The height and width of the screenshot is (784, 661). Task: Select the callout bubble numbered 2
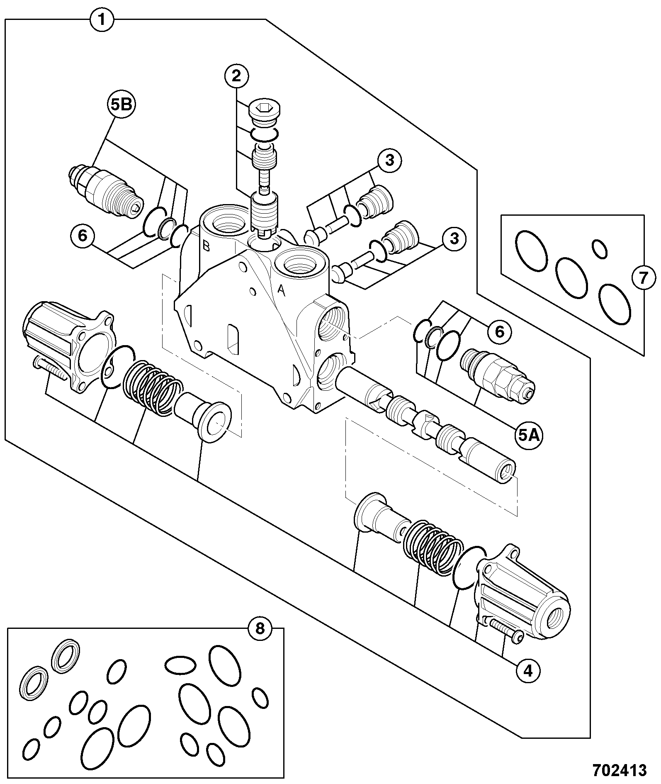point(237,76)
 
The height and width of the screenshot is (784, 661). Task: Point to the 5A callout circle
point(530,435)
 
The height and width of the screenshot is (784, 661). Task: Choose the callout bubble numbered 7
point(643,278)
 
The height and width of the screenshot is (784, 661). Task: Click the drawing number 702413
point(620,770)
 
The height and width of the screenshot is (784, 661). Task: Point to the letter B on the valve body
point(206,246)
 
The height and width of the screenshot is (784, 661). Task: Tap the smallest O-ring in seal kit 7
point(600,248)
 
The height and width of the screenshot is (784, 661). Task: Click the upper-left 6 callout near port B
point(83,236)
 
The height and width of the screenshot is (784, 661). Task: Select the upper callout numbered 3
point(389,161)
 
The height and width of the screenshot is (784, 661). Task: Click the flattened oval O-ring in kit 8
point(180,665)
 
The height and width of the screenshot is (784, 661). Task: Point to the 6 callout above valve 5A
point(500,331)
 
